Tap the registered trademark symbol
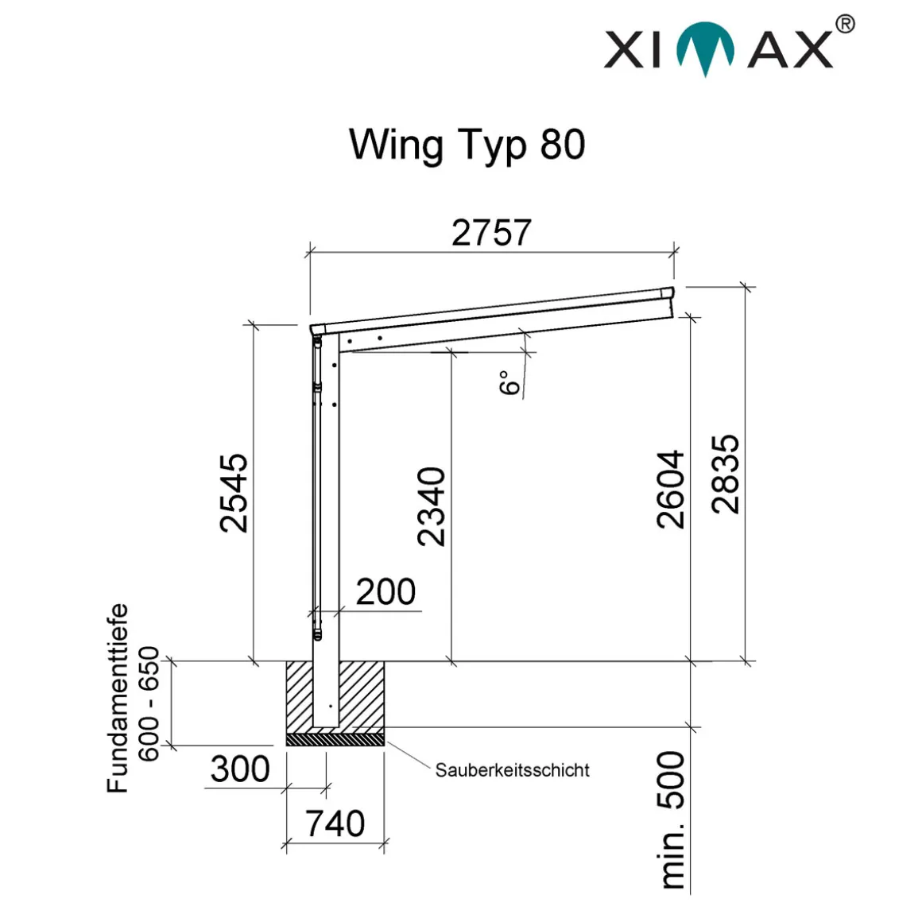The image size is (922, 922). click(845, 25)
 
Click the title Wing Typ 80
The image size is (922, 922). click(467, 145)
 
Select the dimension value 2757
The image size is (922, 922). click(491, 232)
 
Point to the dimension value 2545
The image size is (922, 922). click(234, 493)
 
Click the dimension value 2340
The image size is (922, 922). click(432, 506)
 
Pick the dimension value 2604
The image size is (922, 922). click(671, 490)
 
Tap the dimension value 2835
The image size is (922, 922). click(725, 474)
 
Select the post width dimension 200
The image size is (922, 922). click(385, 591)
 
